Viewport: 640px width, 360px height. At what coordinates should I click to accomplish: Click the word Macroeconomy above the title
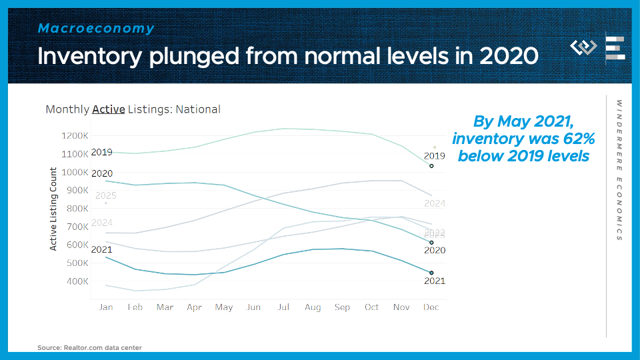pyautogui.click(x=96, y=29)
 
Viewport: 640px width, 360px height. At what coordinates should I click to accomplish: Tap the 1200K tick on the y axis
pyautogui.click(x=75, y=136)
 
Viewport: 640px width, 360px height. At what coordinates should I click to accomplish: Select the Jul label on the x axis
pyautogui.click(x=283, y=307)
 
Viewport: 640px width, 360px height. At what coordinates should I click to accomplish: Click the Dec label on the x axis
pyautogui.click(x=431, y=307)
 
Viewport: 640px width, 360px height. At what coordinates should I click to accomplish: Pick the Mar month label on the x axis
pyautogui.click(x=165, y=307)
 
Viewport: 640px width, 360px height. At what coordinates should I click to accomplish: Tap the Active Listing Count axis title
pyautogui.click(x=54, y=209)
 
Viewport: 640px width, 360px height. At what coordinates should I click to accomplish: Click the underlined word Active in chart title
pyautogui.click(x=108, y=109)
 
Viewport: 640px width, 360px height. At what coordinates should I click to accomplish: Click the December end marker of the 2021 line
pyautogui.click(x=431, y=273)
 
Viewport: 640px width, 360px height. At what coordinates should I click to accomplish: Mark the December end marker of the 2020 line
pyautogui.click(x=431, y=243)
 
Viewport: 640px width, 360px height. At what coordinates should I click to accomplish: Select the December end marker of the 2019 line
pyautogui.click(x=431, y=165)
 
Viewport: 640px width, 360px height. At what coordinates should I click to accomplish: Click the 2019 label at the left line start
pyautogui.click(x=101, y=153)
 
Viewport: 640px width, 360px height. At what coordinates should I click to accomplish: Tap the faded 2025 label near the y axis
pyautogui.click(x=106, y=196)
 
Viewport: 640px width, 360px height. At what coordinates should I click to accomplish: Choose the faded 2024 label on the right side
pyautogui.click(x=434, y=203)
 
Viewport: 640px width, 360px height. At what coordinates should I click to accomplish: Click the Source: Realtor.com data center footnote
pyautogui.click(x=89, y=347)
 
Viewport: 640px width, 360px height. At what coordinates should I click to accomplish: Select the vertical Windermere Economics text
pyautogui.click(x=619, y=170)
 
